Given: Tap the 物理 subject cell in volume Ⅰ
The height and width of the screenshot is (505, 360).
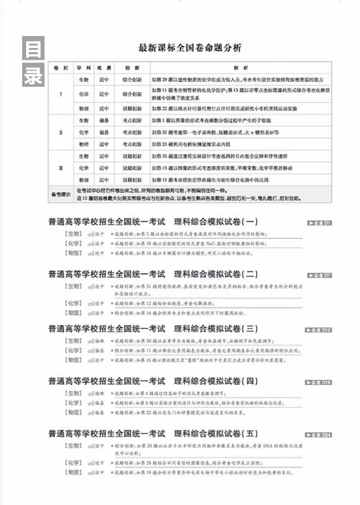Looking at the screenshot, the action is pos(84,107).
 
